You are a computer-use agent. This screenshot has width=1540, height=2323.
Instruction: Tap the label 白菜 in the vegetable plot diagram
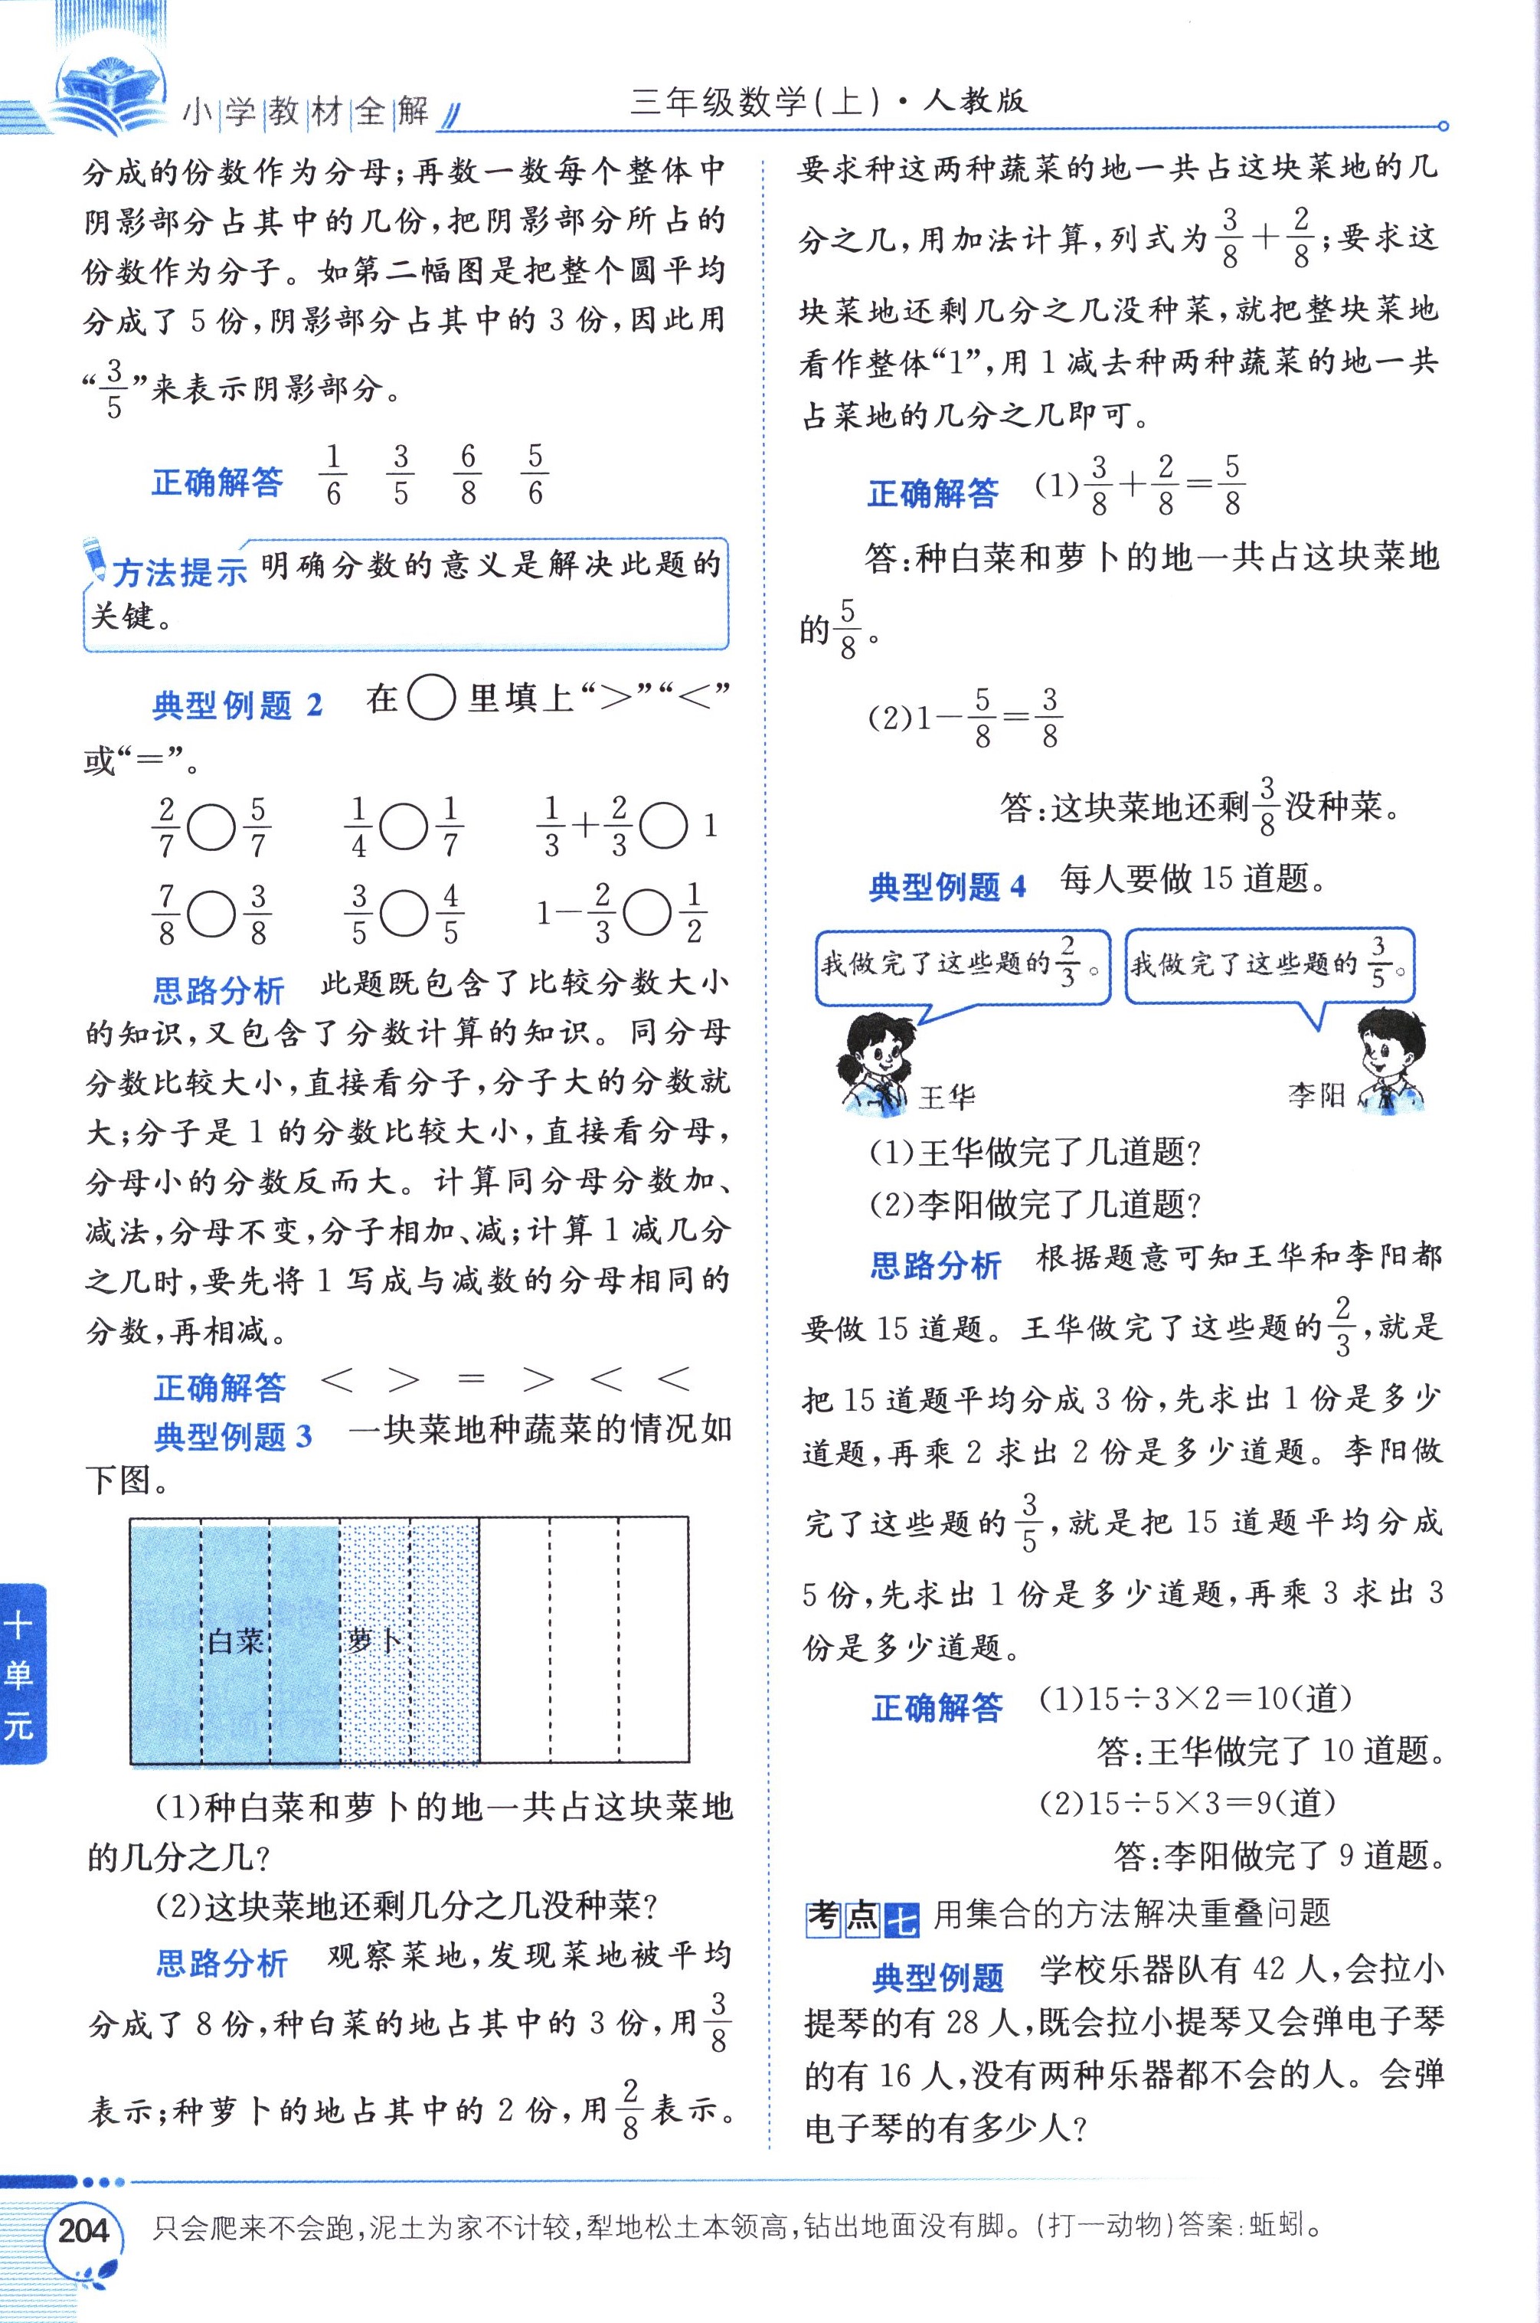[x=236, y=1638]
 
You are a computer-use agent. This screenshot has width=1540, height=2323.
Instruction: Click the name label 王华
[x=946, y=1096]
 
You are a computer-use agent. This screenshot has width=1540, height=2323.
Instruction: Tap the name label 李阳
[x=1316, y=1094]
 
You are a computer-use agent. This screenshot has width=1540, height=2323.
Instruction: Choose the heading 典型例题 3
[x=233, y=1437]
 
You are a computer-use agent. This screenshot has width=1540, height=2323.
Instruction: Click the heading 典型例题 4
[x=947, y=886]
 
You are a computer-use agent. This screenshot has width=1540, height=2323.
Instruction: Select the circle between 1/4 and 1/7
[x=404, y=828]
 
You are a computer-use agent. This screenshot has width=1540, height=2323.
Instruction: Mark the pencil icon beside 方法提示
[x=96, y=559]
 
